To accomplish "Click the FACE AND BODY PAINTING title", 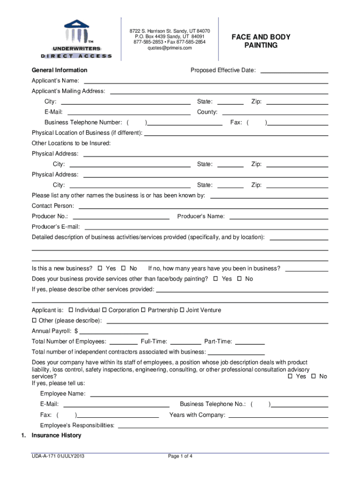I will click(260, 41).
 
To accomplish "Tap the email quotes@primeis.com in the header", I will click(169, 48).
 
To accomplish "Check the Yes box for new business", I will click(100, 269).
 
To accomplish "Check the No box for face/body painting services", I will click(239, 279).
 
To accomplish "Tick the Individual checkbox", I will click(71, 310).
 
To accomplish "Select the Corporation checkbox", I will click(104, 310).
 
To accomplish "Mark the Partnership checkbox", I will click(144, 310).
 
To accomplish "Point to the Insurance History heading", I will click(56, 435).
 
